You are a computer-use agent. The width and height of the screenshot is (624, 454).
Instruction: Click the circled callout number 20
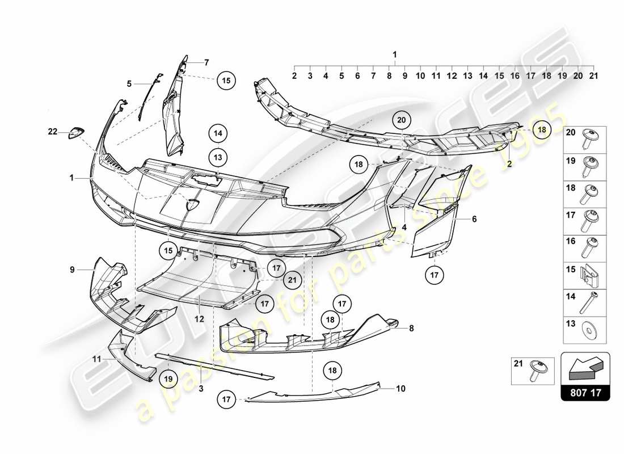tap(402, 120)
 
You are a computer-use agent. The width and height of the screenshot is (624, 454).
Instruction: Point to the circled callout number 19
tap(168, 376)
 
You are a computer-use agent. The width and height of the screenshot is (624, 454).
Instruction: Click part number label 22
tap(53, 132)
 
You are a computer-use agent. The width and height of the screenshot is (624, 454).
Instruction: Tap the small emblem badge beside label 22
tap(76, 133)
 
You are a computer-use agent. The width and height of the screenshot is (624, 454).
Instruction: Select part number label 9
tap(72, 270)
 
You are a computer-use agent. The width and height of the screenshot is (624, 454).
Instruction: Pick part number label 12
tap(200, 319)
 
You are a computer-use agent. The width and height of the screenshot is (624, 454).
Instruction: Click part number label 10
tap(401, 389)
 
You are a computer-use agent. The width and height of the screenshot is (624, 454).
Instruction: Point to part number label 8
tap(411, 327)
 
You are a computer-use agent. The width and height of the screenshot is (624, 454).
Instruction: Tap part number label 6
tap(474, 218)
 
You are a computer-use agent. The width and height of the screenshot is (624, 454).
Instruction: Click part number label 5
tap(129, 83)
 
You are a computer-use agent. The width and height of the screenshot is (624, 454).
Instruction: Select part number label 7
tap(206, 62)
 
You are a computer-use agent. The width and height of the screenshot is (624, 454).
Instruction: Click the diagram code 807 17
tap(585, 392)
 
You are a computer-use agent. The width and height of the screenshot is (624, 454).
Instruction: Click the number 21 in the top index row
tap(593, 75)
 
